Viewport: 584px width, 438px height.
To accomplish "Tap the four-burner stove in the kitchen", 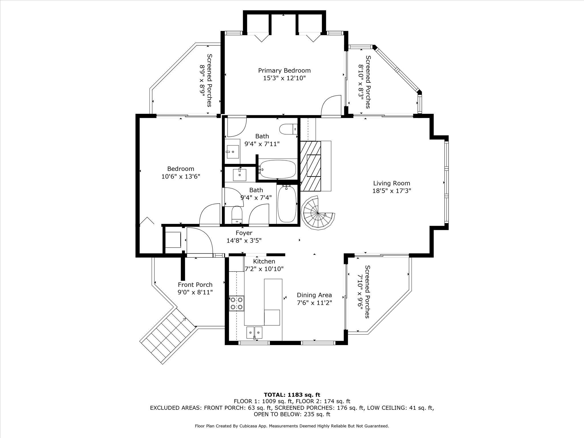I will tap(237, 303).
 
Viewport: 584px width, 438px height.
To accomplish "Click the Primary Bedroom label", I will tap(284, 70).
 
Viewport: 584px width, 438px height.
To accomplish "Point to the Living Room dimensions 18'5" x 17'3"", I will tap(392, 191).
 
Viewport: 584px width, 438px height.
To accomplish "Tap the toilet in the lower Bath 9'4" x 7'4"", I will tap(237, 214).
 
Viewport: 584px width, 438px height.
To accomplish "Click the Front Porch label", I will tap(195, 285).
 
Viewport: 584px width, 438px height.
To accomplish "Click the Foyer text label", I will tap(244, 233).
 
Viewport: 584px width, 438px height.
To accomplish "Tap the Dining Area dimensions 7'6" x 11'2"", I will tap(315, 303).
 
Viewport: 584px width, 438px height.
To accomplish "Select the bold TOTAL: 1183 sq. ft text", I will tap(292, 395).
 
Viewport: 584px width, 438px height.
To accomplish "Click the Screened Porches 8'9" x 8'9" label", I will tap(206, 80).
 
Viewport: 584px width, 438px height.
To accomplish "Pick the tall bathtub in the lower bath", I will tap(287, 204).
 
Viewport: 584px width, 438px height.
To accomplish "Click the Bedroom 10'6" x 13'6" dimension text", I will tap(181, 177).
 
